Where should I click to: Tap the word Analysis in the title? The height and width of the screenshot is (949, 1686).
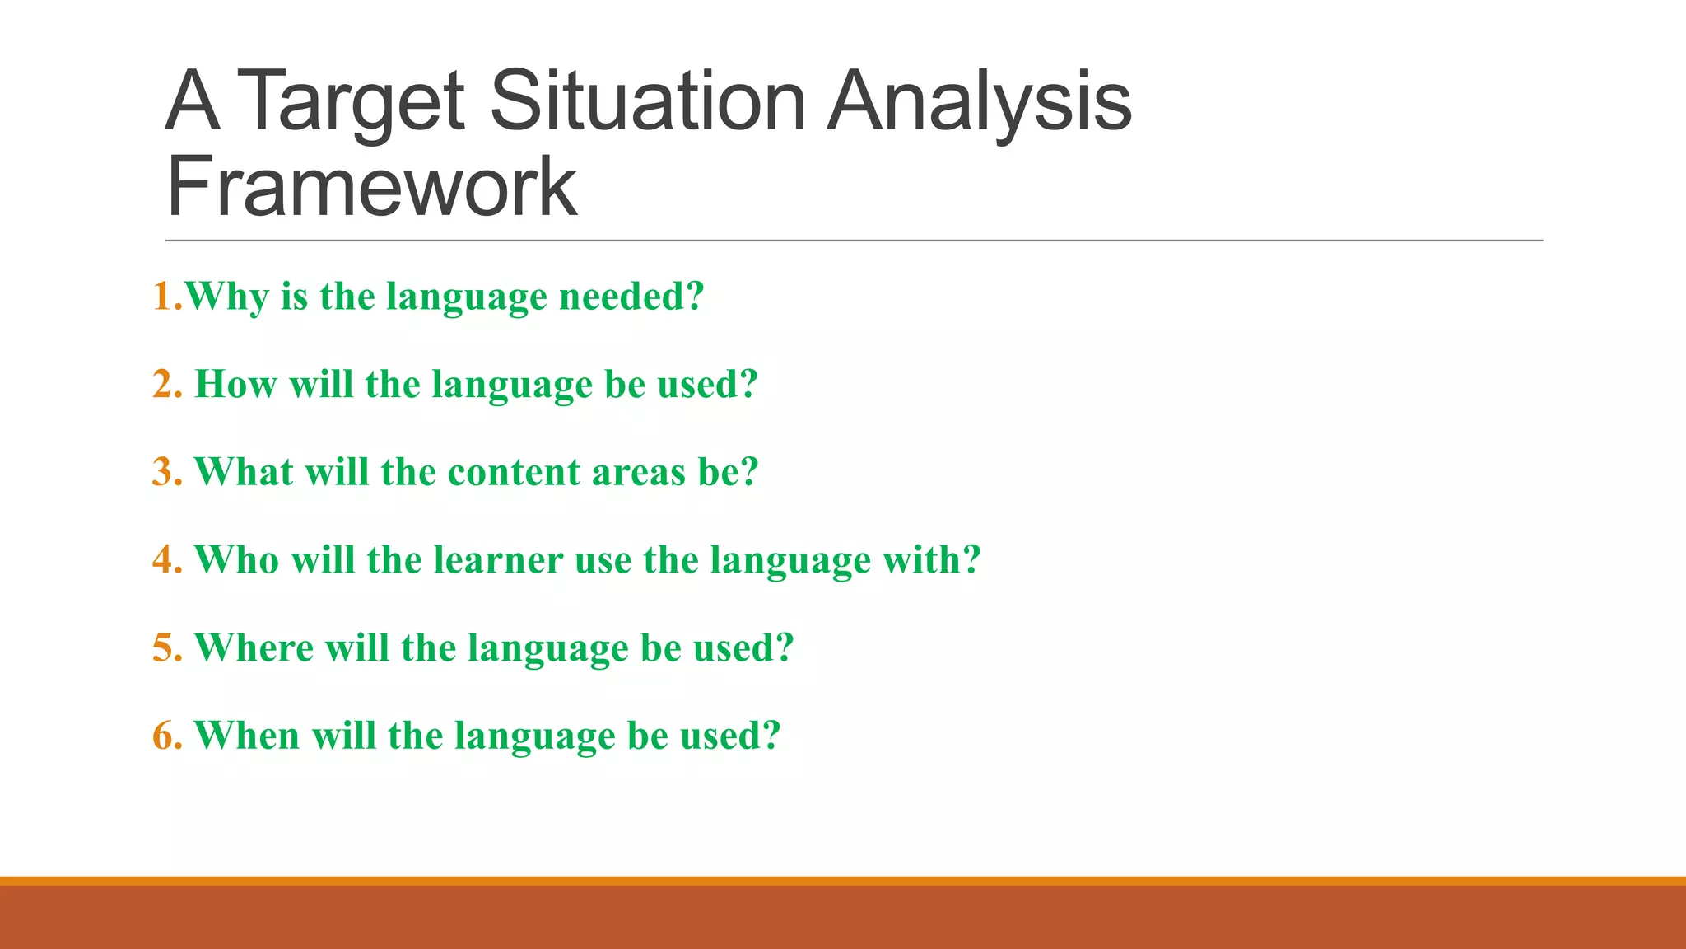[x=980, y=102]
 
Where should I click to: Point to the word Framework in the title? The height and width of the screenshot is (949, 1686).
[x=372, y=188]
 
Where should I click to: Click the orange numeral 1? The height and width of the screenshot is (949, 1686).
[x=163, y=297]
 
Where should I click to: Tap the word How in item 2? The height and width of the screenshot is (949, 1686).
[x=235, y=385]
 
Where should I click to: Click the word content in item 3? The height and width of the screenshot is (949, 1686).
[x=515, y=473]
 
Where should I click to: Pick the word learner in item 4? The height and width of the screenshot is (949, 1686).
[x=498, y=560]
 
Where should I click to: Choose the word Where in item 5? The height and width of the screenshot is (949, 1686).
[x=254, y=648]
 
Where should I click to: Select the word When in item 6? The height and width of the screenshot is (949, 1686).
[x=247, y=736]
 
